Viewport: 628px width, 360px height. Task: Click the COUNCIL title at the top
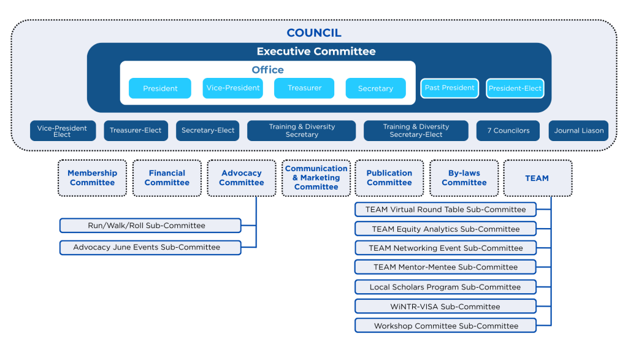(x=314, y=33)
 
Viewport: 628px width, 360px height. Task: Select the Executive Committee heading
(x=316, y=52)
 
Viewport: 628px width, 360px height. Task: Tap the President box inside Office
(x=160, y=88)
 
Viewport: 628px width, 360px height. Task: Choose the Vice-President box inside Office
(x=232, y=88)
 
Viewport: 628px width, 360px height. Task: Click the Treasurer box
(x=304, y=88)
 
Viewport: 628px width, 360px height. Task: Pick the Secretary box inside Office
(x=375, y=88)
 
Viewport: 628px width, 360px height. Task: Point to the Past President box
(x=450, y=88)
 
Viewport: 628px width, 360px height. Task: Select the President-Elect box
(x=515, y=88)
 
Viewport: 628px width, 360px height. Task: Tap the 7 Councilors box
(x=508, y=131)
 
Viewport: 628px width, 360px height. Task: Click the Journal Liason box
(x=578, y=131)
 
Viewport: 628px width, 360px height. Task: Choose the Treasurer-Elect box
(x=135, y=131)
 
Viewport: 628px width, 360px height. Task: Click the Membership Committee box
(x=92, y=178)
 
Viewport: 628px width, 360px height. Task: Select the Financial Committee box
(x=167, y=178)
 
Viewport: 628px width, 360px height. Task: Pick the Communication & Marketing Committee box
(x=316, y=178)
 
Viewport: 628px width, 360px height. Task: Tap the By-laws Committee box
(x=464, y=178)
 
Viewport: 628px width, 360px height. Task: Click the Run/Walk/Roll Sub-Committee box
(x=150, y=226)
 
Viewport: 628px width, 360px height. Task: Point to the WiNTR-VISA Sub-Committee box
(x=445, y=306)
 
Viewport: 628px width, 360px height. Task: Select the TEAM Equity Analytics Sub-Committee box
(x=445, y=229)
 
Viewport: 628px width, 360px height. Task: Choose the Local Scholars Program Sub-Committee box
(x=445, y=287)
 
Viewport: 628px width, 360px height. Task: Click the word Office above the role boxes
(x=267, y=70)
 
